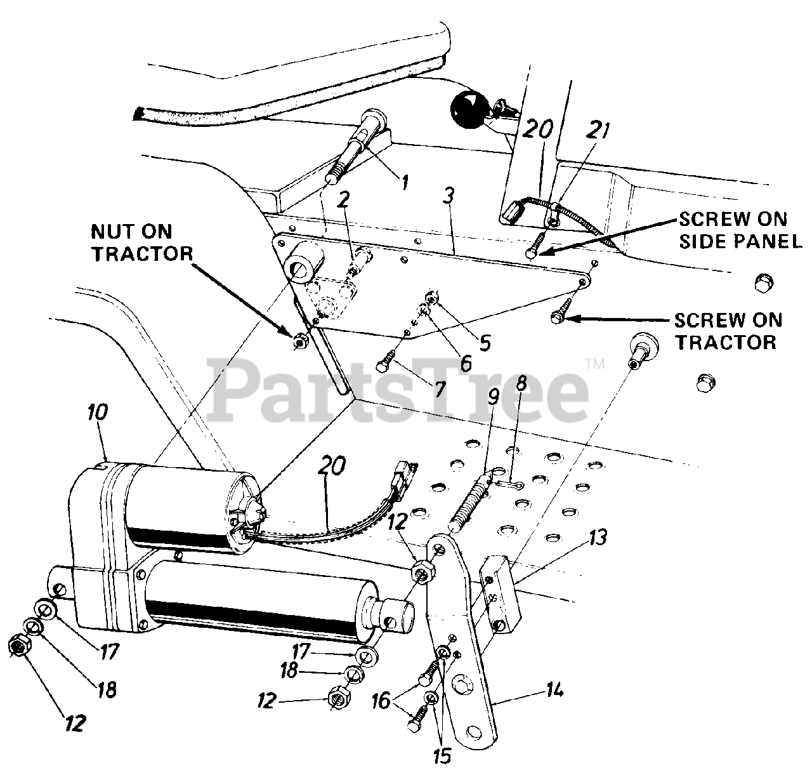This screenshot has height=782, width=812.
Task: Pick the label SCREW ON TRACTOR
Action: pos(728,331)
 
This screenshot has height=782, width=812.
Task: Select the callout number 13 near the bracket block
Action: pos(598,538)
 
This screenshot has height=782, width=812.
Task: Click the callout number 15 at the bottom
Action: pos(443,755)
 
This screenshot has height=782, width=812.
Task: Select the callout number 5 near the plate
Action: pos(484,343)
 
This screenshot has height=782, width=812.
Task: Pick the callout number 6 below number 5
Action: pos(465,363)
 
